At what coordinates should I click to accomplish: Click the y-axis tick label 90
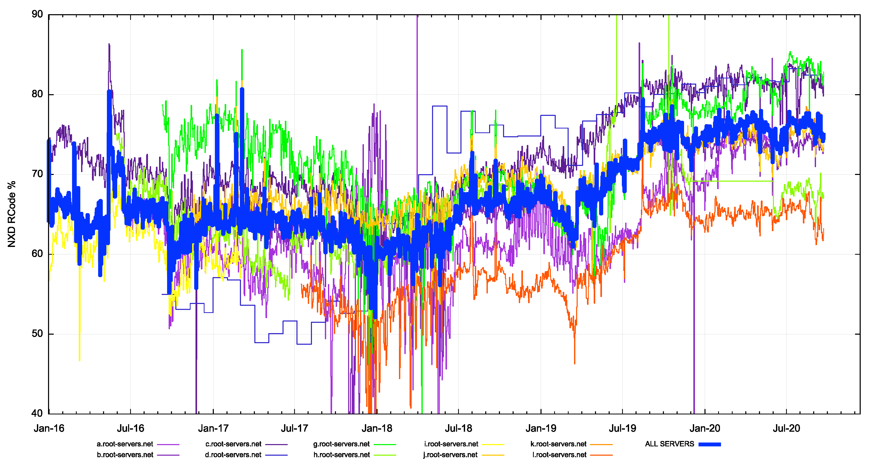point(37,14)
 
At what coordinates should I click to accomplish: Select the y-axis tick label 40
point(37,413)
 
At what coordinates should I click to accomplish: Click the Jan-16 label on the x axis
point(49,428)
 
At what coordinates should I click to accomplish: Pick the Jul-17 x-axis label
point(294,428)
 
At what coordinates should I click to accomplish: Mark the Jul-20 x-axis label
point(786,428)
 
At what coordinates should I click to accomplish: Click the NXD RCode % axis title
point(12,214)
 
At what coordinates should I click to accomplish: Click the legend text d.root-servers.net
point(233,455)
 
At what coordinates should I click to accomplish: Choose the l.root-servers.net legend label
point(559,455)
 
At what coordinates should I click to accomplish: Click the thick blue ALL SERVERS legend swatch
point(709,444)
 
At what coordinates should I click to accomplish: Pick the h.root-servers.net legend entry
point(342,455)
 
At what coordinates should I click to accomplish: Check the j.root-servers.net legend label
point(450,455)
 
